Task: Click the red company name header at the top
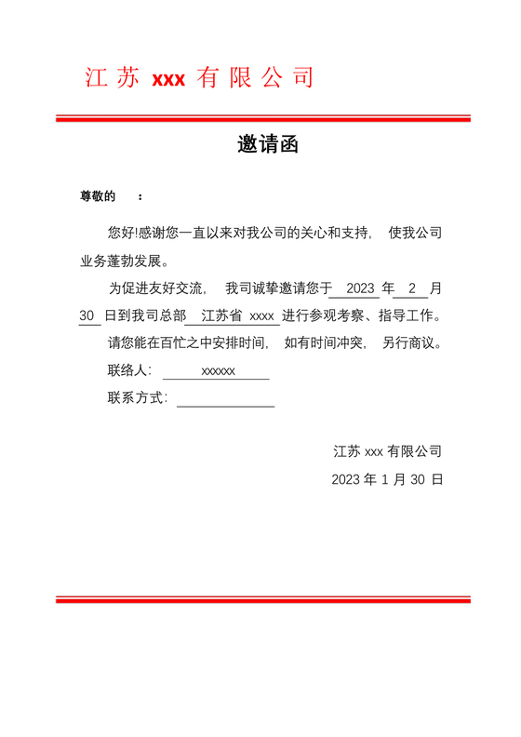[x=199, y=78]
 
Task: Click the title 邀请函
[x=267, y=146]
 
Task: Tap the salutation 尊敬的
[x=97, y=196]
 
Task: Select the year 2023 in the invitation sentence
[x=359, y=288]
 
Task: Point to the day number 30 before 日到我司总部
[x=87, y=315]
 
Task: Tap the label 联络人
[x=127, y=370]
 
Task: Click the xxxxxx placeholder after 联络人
[x=218, y=371]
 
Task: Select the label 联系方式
[x=136, y=398]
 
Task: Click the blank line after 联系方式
[x=225, y=400]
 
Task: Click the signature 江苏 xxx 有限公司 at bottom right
[x=387, y=451]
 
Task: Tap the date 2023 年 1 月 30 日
[x=387, y=480]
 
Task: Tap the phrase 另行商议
[x=407, y=342]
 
